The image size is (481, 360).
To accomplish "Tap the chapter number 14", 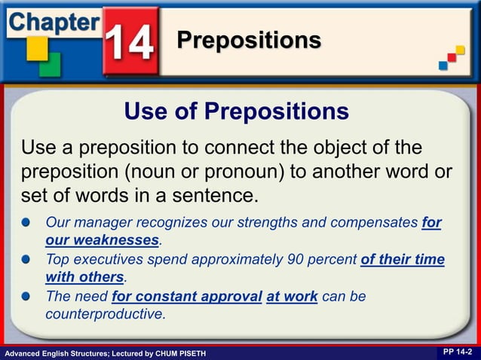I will (x=130, y=42).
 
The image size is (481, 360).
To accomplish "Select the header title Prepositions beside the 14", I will (x=249, y=40).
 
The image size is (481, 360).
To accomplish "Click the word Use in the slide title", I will (x=144, y=111).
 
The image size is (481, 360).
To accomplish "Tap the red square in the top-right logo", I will (x=452, y=57).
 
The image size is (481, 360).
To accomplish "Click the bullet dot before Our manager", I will (x=27, y=224).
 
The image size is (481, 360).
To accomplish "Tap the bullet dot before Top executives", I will (x=27, y=260).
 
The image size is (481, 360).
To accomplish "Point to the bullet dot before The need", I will (x=27, y=297).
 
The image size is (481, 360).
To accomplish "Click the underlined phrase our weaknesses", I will (x=102, y=240).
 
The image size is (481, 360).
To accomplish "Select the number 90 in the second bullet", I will (x=297, y=260).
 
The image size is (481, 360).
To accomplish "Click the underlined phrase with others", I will (x=84, y=277).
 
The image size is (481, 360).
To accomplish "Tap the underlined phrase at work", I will (x=292, y=297).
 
